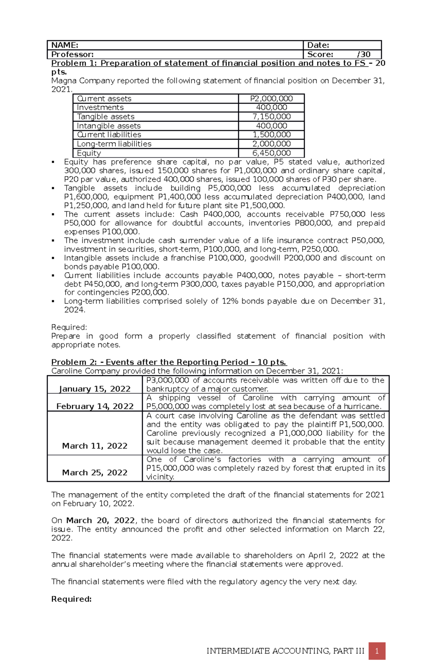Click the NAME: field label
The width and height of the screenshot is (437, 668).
tap(65, 45)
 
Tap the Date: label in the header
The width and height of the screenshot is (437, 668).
tap(318, 45)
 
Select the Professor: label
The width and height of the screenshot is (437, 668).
tap(72, 55)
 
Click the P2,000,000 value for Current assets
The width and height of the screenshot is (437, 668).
tap(271, 99)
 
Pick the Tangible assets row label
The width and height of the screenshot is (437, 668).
tap(106, 116)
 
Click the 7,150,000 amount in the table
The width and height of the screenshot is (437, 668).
tap(271, 116)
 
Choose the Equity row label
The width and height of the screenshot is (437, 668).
tap(89, 153)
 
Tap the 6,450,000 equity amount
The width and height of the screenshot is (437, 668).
tap(271, 153)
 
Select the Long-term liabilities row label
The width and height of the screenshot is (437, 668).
tap(114, 144)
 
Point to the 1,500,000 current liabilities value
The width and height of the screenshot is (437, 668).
tap(271, 135)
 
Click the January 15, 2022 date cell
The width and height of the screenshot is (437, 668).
tap(95, 389)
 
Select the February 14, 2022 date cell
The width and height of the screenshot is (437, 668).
tap(95, 406)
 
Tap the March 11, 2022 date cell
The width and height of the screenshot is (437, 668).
tap(95, 446)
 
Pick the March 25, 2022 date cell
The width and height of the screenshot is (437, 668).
tap(95, 473)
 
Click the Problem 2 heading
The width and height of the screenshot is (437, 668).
tap(169, 362)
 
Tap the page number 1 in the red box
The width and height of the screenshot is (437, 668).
tap(377, 651)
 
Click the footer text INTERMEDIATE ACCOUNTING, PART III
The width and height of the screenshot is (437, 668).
tap(285, 651)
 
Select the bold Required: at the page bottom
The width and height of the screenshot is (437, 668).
tap(71, 599)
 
